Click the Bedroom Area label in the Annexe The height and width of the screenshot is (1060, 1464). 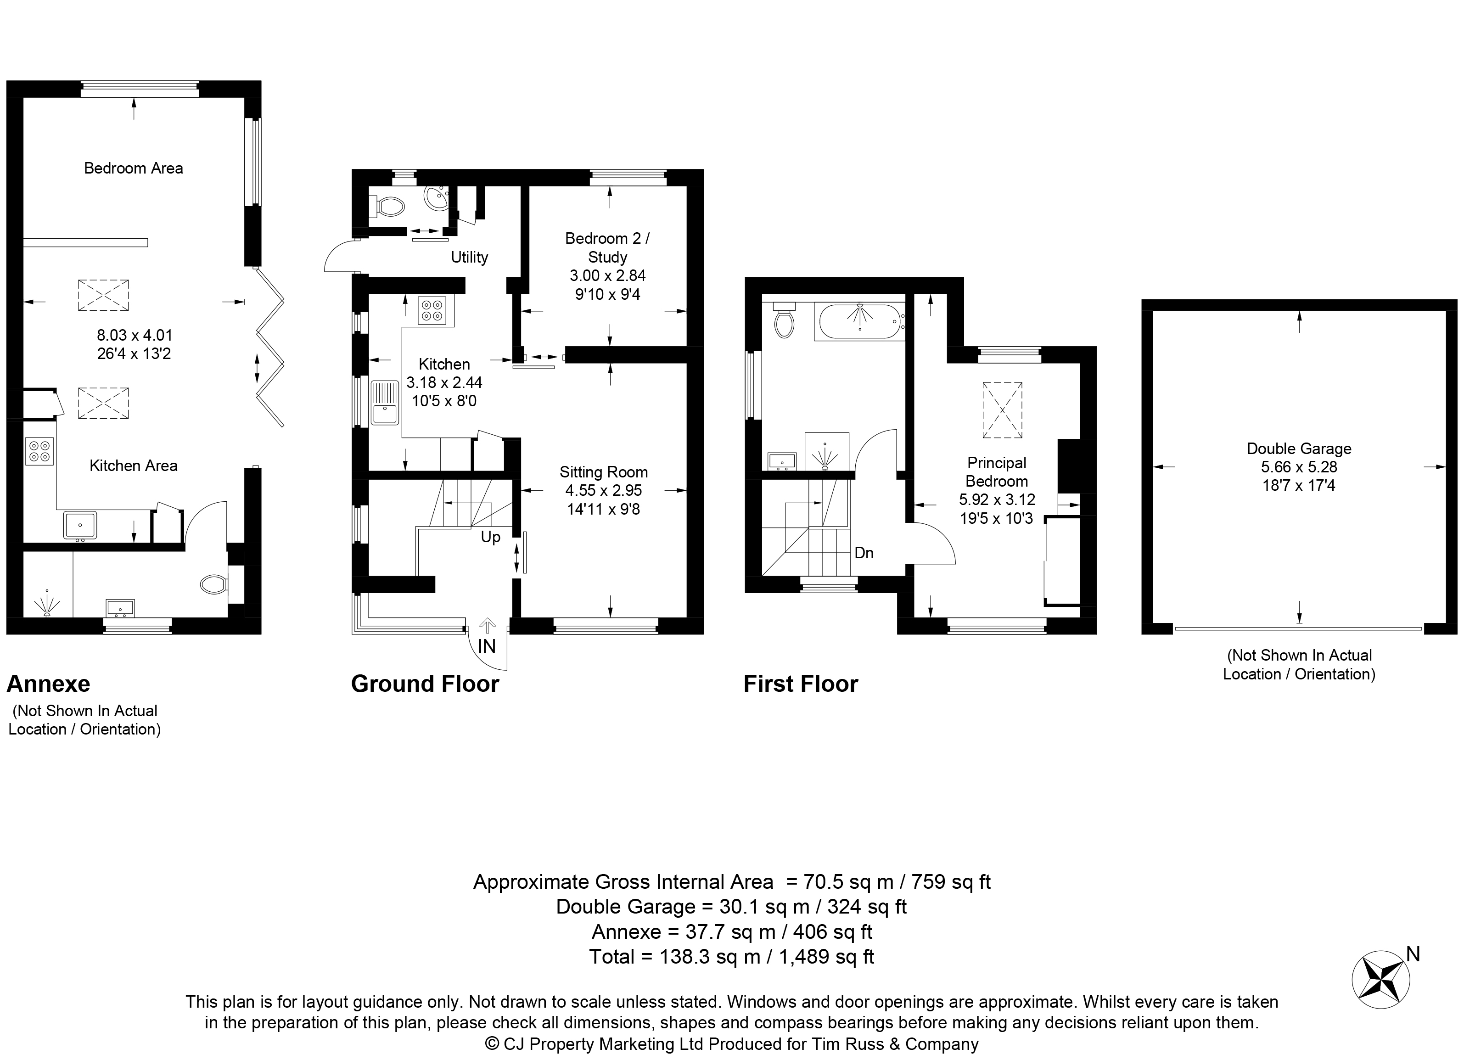click(x=134, y=168)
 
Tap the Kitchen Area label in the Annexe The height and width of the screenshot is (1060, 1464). click(x=134, y=466)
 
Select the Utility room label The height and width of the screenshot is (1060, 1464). click(x=469, y=258)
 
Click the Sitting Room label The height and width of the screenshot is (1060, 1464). click(x=604, y=472)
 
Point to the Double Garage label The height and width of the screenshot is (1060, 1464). click(x=1299, y=449)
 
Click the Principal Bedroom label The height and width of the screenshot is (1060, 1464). click(x=997, y=472)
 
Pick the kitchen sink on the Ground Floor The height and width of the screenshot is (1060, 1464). click(x=385, y=403)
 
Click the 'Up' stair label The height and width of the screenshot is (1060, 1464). click(x=491, y=538)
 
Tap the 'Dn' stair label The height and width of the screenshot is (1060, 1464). click(x=864, y=553)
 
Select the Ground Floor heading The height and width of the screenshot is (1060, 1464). click(x=425, y=684)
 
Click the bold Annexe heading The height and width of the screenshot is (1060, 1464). click(x=48, y=684)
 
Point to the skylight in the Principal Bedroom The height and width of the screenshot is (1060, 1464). click(x=1003, y=410)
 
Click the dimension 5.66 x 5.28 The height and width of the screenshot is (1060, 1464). click(x=1299, y=467)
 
